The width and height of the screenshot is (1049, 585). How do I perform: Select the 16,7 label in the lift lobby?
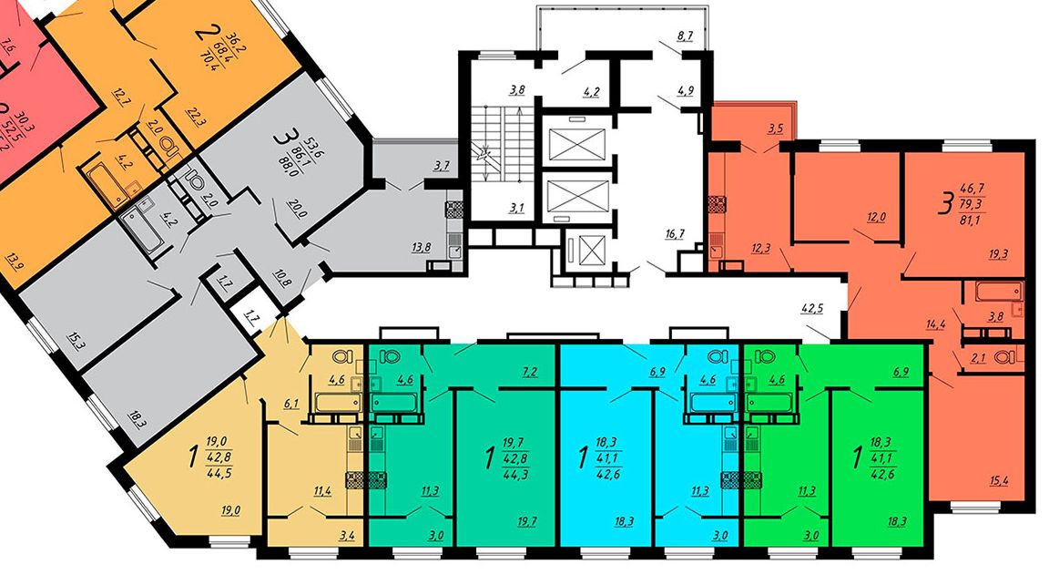(x=675, y=233)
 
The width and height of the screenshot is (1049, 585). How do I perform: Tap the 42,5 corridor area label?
(x=812, y=309)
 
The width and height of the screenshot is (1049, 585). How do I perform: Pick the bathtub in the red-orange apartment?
(x=999, y=292)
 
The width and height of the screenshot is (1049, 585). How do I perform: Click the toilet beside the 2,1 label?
(x=1003, y=357)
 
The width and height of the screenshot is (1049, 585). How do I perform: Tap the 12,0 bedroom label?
(x=876, y=218)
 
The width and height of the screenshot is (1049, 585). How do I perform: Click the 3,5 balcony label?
(x=776, y=128)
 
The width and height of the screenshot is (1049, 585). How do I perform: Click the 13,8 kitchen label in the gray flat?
(x=421, y=248)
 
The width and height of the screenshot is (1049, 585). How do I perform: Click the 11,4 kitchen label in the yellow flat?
(x=323, y=491)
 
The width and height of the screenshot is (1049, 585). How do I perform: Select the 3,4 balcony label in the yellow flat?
(x=347, y=536)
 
